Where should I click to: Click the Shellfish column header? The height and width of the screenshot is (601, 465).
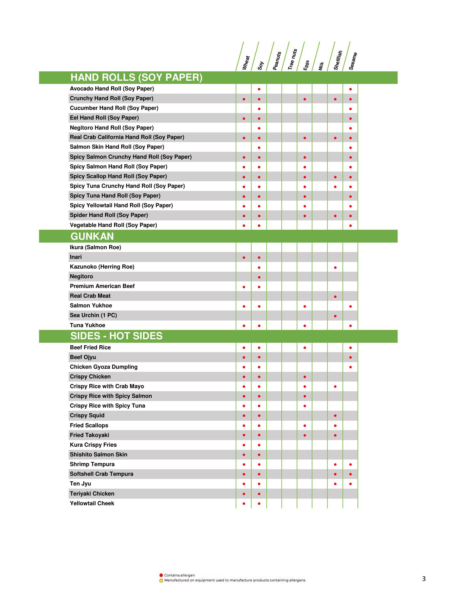coord(338,60)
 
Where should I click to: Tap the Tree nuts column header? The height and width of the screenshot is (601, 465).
coord(292,59)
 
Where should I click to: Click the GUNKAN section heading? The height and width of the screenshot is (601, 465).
coord(92,236)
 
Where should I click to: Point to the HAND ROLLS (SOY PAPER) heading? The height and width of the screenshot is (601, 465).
coord(136,77)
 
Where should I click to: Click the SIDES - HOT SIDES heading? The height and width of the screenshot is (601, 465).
coord(116,336)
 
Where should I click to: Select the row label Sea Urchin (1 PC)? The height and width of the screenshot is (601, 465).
coord(93,315)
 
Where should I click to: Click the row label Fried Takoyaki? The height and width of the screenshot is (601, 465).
coord(90,435)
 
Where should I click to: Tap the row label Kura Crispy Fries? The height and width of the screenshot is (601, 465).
coord(93,445)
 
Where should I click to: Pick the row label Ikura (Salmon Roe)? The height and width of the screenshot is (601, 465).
coord(95,247)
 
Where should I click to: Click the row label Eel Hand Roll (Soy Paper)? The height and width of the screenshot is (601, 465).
coord(104,118)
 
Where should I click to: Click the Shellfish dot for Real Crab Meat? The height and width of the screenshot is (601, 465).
coord(335,296)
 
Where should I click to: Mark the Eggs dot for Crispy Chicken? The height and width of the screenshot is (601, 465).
coord(305,377)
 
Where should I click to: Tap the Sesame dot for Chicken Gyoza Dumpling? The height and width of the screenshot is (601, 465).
coord(350,367)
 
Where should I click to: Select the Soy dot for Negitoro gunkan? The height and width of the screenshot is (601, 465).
coord(259,277)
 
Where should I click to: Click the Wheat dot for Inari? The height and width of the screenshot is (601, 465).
coord(244,258)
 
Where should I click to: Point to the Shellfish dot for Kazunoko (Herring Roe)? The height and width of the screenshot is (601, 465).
coord(335,267)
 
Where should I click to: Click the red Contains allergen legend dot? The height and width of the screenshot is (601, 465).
coord(161,575)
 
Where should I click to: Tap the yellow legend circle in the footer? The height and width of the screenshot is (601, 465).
coord(161,581)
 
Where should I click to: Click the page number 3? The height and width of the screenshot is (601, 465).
coord(424,579)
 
